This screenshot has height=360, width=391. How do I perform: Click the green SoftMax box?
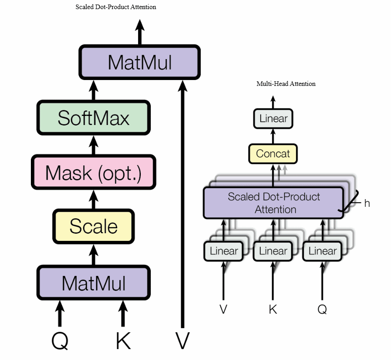(x=94, y=118)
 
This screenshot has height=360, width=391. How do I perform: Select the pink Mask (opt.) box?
(x=94, y=172)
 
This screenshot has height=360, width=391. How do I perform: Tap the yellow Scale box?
(x=94, y=226)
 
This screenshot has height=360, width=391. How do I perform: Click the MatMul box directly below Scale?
(x=94, y=283)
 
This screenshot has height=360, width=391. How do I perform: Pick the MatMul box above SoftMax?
(x=140, y=62)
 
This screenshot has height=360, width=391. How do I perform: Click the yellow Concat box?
(x=273, y=154)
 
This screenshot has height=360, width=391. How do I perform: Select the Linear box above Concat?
(x=273, y=119)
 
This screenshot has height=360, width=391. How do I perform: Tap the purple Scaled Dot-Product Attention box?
(x=273, y=203)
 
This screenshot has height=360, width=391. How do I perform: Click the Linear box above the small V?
(x=224, y=251)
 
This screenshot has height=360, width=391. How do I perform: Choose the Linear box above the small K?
(x=273, y=251)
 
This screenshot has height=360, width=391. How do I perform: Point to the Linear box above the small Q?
(x=322, y=251)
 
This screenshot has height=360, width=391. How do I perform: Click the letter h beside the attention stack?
(x=367, y=203)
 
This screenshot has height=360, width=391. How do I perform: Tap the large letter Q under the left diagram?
(x=60, y=341)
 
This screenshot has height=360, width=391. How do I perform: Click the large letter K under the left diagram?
(x=123, y=340)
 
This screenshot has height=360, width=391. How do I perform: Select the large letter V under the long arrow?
(x=183, y=340)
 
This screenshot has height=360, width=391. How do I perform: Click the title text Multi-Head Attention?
(x=286, y=84)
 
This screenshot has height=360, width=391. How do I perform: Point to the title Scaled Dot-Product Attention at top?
(x=116, y=7)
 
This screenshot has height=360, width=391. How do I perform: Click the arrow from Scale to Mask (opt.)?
(x=94, y=200)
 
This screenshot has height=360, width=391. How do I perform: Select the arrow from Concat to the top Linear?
(x=273, y=136)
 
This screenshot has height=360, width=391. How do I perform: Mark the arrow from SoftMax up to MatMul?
(x=94, y=90)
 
